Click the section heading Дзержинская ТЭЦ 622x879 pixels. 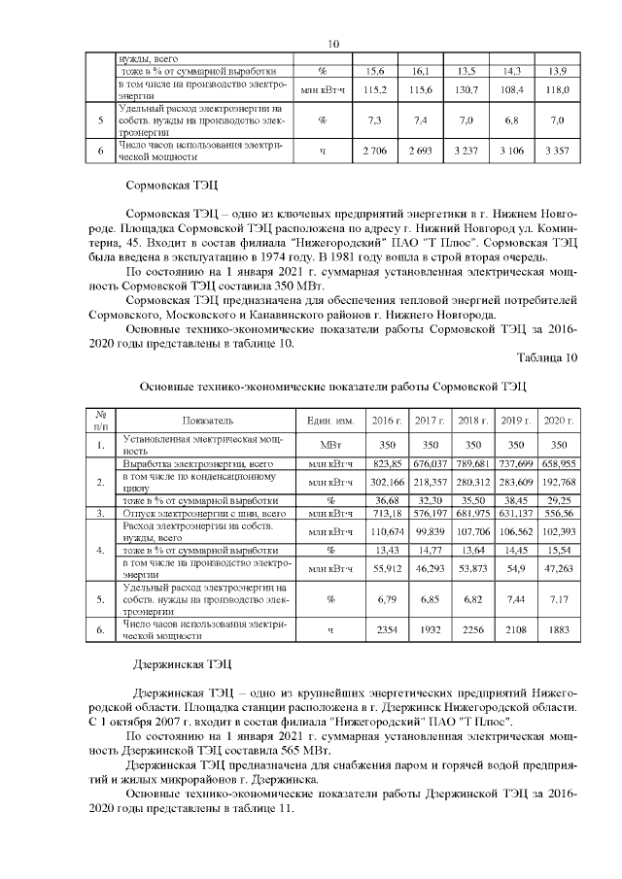pos(181,665)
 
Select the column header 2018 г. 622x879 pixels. pos(471,421)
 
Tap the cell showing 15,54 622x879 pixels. pos(558,549)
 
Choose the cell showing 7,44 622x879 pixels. pos(515,597)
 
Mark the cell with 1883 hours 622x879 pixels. pos(558,629)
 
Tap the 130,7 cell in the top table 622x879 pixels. pos(465,89)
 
